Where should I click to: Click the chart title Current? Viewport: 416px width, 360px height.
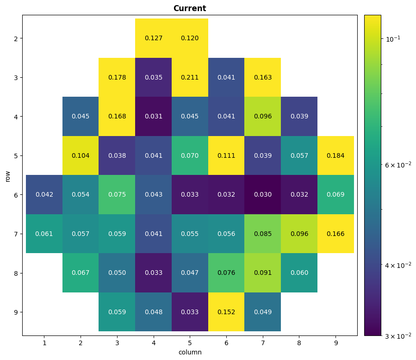[190, 8]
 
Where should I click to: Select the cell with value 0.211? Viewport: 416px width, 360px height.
[190, 77]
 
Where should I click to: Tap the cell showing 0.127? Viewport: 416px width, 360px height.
[153, 38]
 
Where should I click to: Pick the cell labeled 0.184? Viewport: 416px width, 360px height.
[335, 155]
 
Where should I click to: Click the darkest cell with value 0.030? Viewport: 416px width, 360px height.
[263, 195]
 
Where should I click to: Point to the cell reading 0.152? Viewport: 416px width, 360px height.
[226, 312]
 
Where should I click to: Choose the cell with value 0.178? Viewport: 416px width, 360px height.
[117, 77]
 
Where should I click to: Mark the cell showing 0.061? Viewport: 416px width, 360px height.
[44, 234]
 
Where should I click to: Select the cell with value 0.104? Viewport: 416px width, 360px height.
[81, 155]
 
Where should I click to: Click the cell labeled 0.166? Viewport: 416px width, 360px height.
[335, 234]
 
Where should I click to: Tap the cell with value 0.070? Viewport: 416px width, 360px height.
[190, 155]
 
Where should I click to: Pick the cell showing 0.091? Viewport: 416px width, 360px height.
[263, 273]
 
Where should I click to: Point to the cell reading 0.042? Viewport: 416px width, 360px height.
[44, 195]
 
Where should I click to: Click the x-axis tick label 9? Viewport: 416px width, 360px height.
[336, 343]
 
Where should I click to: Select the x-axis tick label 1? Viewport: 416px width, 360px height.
[44, 343]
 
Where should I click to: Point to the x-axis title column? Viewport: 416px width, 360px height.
[190, 352]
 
